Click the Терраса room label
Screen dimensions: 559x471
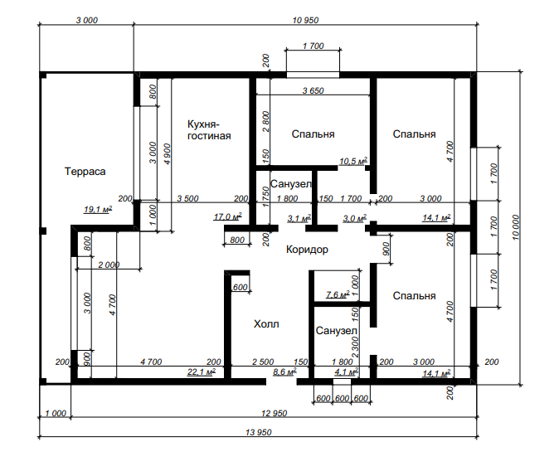tap(85, 172)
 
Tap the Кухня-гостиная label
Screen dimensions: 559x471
tap(209, 130)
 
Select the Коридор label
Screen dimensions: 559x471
tap(307, 250)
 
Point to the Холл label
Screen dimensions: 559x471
tap(266, 324)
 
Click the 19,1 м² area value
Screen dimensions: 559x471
tap(98, 209)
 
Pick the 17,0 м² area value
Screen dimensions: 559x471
tap(228, 216)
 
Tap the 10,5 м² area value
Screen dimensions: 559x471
tap(353, 161)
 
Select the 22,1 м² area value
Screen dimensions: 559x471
tap(202, 372)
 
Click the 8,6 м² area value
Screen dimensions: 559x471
tap(284, 372)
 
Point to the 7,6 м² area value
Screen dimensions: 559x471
tap(338, 294)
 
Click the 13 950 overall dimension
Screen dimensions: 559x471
tap(259, 433)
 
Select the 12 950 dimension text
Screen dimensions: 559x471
tap(275, 414)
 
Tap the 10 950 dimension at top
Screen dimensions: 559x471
tap(305, 21)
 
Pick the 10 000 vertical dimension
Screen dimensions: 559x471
tap(516, 227)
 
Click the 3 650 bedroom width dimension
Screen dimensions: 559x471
tap(313, 90)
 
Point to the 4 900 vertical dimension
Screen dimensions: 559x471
tap(167, 154)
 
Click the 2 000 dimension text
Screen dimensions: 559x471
tap(109, 265)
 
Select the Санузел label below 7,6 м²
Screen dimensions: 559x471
tap(336, 331)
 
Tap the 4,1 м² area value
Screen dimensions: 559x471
tap(347, 372)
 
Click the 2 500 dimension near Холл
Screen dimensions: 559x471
tap(263, 362)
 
